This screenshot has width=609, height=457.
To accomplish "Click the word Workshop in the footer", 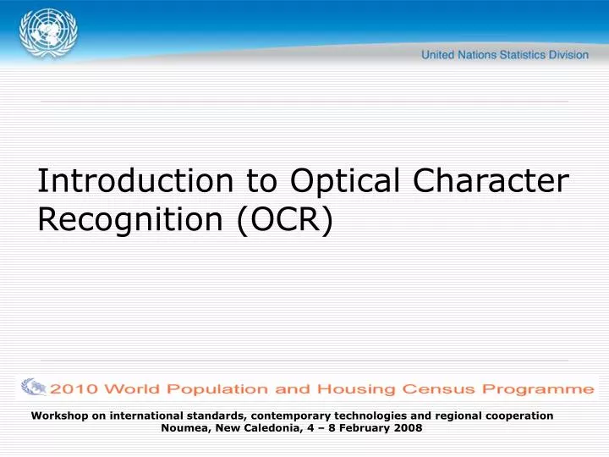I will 58,416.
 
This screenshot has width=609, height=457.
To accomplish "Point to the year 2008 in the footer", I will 408,428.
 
